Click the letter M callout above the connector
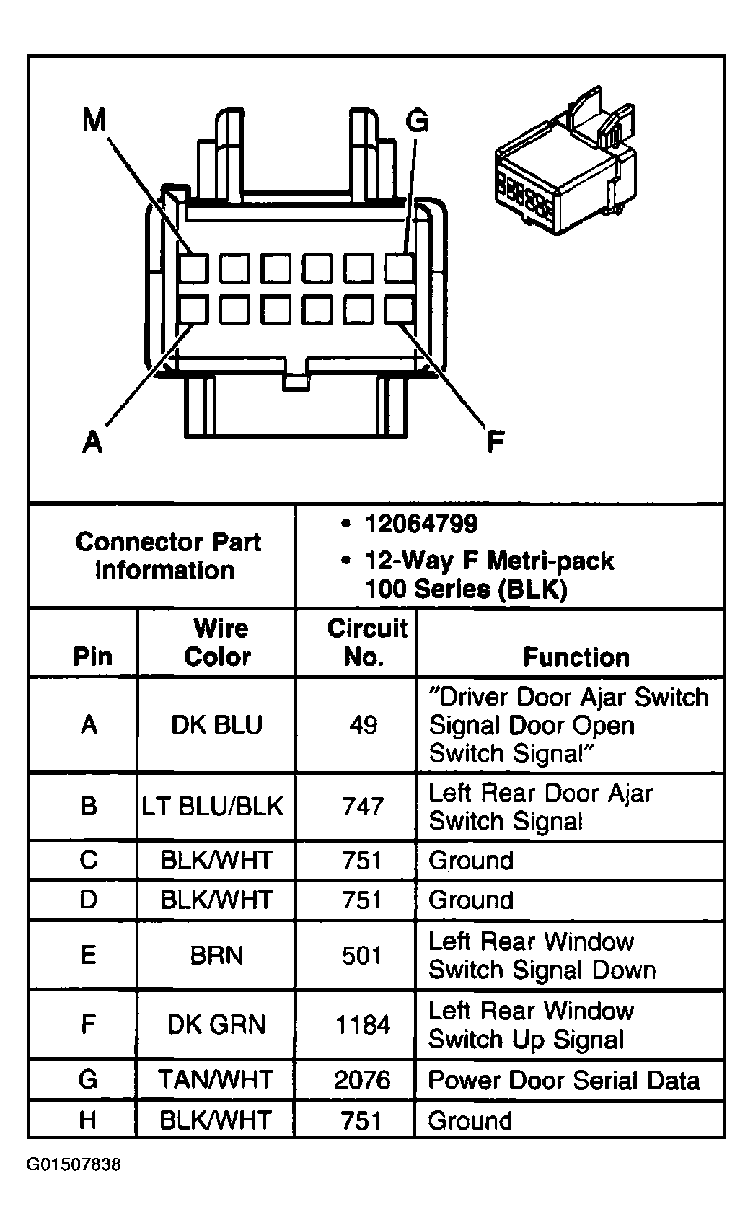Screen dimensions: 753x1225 (94, 120)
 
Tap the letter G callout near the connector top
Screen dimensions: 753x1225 (417, 121)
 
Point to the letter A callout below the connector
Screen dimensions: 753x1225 (92, 442)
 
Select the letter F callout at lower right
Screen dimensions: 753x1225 (496, 442)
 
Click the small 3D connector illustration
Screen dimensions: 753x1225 (565, 161)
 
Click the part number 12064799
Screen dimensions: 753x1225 (421, 524)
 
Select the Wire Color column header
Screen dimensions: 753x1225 (219, 643)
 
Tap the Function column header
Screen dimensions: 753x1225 (576, 657)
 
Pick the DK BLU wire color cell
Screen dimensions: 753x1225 (217, 724)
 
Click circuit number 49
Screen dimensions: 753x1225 (363, 725)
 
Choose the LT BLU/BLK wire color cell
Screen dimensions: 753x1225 (213, 806)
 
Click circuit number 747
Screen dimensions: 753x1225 (363, 807)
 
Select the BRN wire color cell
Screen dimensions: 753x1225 (216, 955)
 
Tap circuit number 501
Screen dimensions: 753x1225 (362, 955)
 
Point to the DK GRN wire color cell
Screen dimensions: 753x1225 (216, 1024)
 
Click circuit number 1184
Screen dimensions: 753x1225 (363, 1025)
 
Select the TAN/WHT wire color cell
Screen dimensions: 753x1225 (216, 1079)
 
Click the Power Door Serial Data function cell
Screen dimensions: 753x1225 (564, 1080)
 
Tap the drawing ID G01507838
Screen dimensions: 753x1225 (74, 1164)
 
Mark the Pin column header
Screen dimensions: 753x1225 (92, 657)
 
